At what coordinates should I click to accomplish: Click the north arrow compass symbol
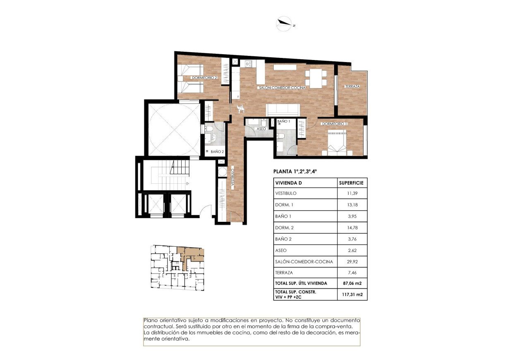[x=285, y=24]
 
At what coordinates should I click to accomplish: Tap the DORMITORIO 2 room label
[x=204, y=78]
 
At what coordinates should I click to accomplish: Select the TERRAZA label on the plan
[x=352, y=86]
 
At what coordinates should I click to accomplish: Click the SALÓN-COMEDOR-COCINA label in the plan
[x=282, y=88]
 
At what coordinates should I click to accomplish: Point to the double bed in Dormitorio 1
[x=337, y=142]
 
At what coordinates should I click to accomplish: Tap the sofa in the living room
[x=283, y=110]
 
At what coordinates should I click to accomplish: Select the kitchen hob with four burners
[x=249, y=64]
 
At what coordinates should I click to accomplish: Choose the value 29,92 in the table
[x=352, y=262]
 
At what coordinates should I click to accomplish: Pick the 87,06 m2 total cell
[x=352, y=283]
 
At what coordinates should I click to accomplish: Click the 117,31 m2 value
[x=352, y=294]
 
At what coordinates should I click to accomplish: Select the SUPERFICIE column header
[x=352, y=182]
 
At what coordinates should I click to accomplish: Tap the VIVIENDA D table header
[x=289, y=182]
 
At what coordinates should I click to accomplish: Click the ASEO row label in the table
[x=281, y=250]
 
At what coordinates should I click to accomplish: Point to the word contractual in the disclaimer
[x=158, y=326]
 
